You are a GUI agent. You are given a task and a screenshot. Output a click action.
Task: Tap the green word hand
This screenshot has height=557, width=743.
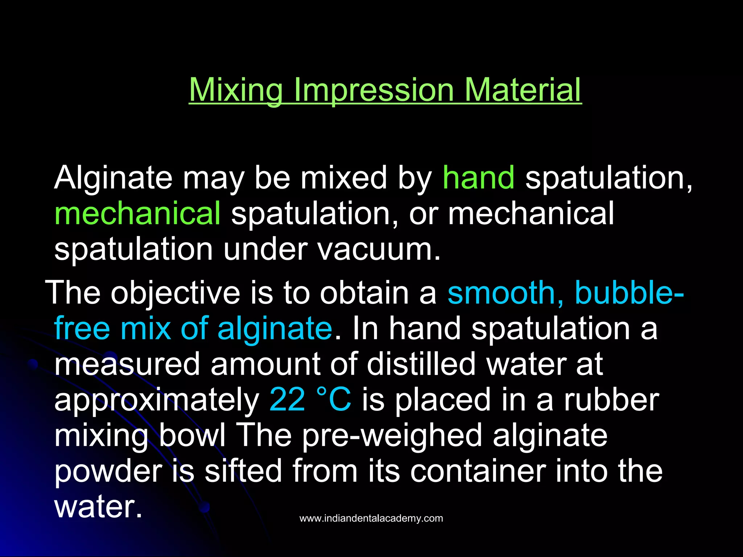479,178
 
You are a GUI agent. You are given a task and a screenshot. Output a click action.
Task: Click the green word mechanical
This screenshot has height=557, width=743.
137,214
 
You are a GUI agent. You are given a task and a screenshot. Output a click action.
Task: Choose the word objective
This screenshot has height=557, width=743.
175,293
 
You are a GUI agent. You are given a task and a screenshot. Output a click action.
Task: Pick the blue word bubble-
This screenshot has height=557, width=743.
629,293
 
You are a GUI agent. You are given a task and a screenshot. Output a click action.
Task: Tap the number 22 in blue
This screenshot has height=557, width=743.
287,400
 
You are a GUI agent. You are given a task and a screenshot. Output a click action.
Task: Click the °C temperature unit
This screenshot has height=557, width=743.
334,400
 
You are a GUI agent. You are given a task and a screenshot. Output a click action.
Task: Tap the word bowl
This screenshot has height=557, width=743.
192,435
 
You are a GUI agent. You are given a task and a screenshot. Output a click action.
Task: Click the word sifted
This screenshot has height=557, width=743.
243,471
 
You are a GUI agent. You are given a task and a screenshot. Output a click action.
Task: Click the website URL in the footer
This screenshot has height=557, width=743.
371,519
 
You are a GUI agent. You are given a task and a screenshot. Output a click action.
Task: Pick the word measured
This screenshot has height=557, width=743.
127,364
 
